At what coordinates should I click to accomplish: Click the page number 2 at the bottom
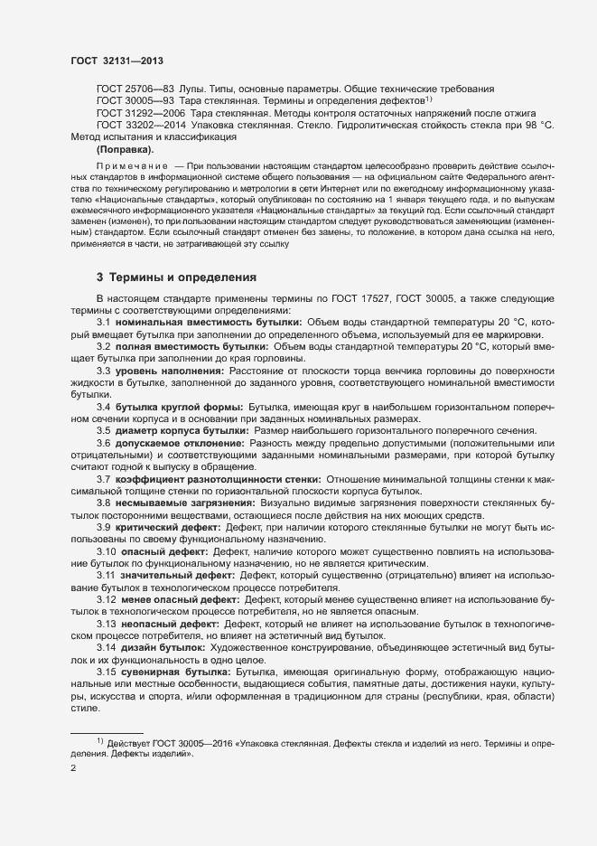click(73, 770)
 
